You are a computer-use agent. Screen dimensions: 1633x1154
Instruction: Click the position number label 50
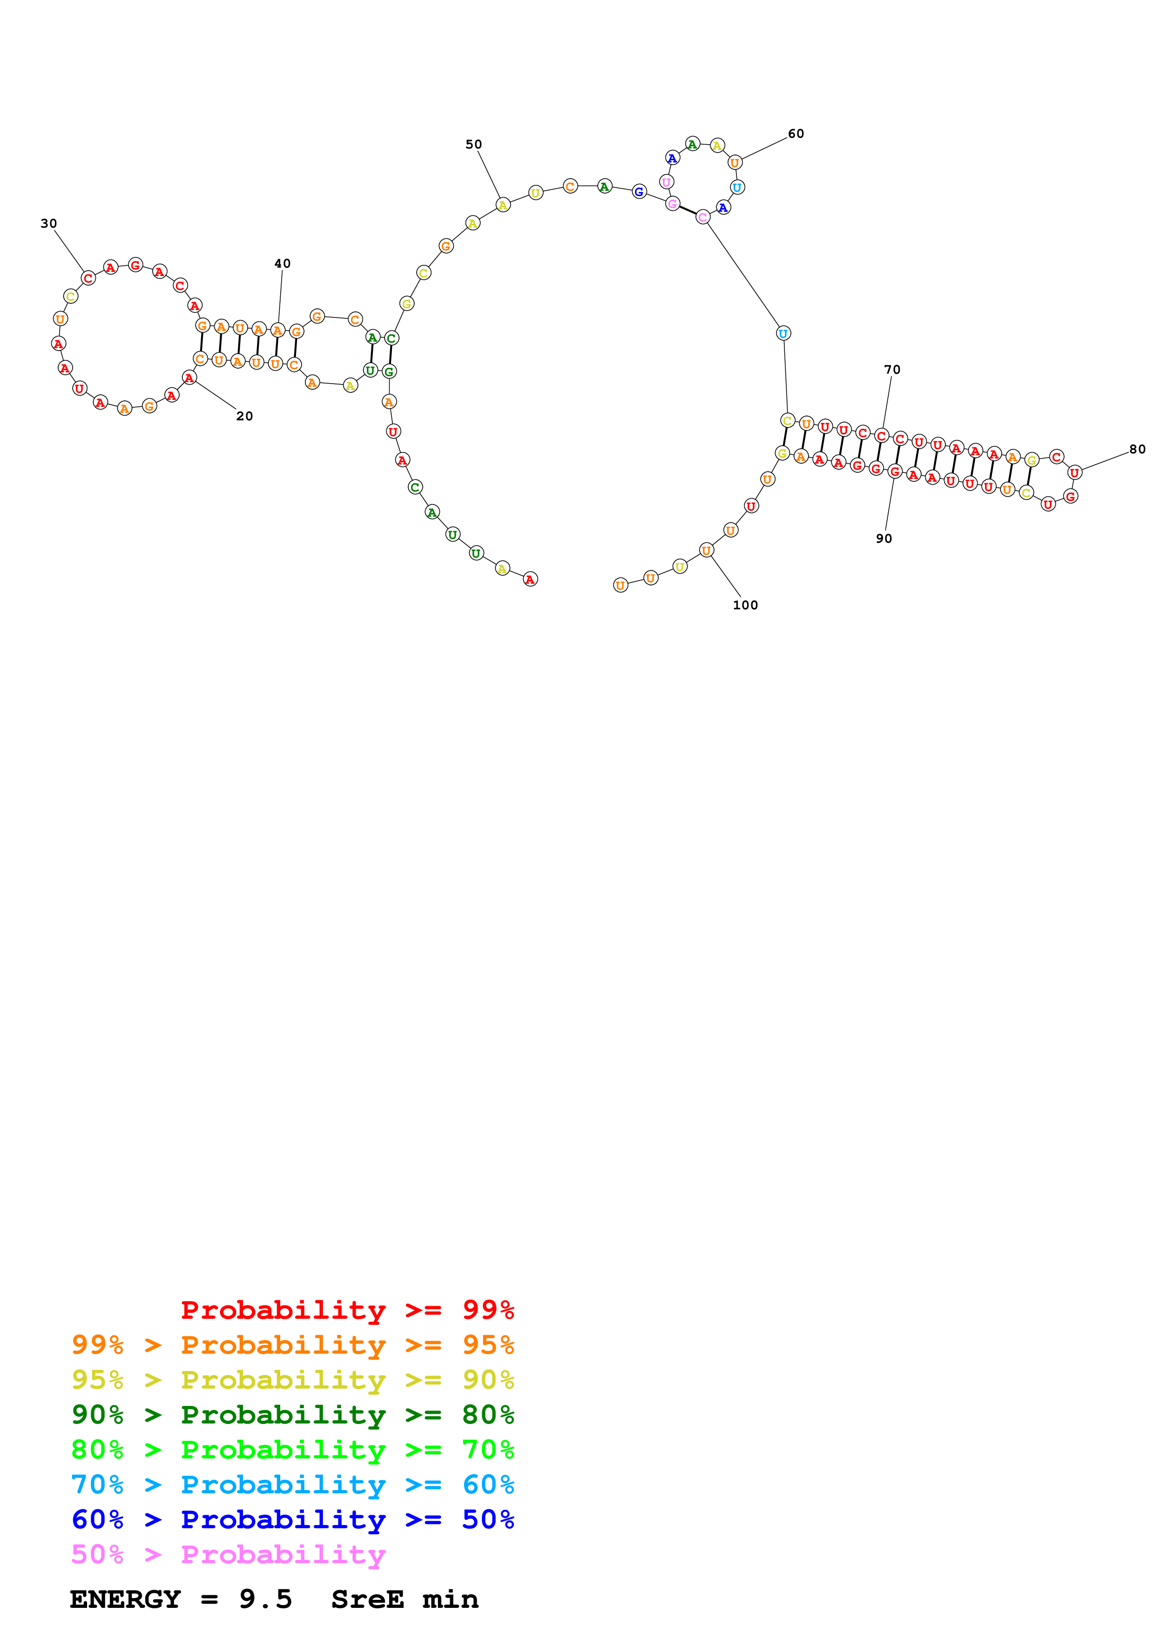click(473, 144)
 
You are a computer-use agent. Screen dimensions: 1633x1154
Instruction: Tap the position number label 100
click(745, 605)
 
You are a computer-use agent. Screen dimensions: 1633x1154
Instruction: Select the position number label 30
click(48, 223)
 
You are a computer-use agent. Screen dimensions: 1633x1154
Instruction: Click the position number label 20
click(244, 416)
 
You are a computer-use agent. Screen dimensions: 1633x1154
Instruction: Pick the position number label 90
click(884, 539)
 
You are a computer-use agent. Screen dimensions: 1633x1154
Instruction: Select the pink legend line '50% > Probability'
click(228, 1554)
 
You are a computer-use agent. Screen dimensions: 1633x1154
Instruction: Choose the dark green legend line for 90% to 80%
click(293, 1415)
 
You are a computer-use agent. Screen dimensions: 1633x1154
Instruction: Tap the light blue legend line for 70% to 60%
click(293, 1485)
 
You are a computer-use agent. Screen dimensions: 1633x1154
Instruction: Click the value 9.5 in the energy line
click(265, 1599)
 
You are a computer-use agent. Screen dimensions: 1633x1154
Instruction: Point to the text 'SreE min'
click(405, 1599)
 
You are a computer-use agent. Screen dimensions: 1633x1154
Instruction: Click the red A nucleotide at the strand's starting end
click(530, 580)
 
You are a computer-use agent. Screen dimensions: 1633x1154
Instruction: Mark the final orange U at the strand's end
click(621, 585)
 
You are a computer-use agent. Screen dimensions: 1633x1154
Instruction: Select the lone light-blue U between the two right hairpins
click(783, 333)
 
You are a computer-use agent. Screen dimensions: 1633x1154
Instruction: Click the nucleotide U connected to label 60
click(735, 163)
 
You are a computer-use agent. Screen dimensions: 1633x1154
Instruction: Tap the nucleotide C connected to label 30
click(88, 278)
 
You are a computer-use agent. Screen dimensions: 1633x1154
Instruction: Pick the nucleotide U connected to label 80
click(1074, 472)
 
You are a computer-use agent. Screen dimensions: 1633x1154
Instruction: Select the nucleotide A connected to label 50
click(503, 206)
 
